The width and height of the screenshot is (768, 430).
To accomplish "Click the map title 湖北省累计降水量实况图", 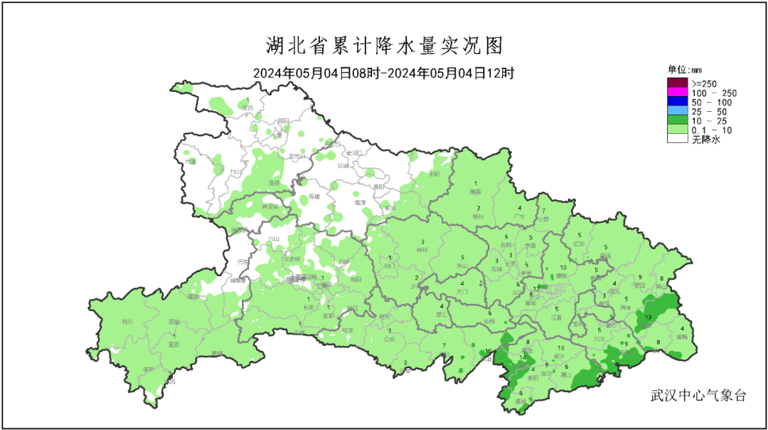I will point(384,46).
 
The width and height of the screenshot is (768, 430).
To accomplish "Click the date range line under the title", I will point(384,73).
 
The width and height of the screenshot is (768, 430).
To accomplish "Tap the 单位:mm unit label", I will point(684,70).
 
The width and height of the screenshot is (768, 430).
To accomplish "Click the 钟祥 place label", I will point(422,249).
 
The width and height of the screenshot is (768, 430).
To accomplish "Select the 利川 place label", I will point(128,321).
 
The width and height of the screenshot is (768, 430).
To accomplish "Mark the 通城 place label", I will point(521,401).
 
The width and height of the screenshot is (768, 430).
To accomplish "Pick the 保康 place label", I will point(314,197).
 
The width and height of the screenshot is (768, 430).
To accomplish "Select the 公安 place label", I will point(389,339).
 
